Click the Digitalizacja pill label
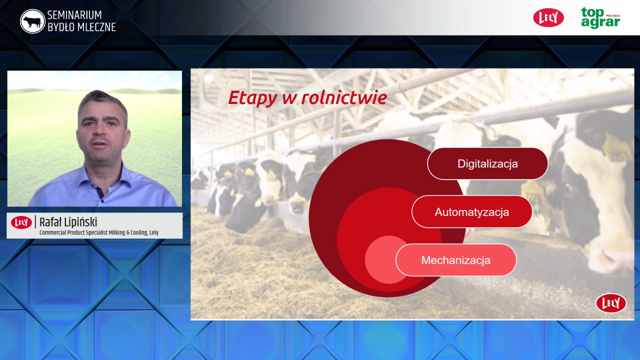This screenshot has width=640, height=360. [487, 163]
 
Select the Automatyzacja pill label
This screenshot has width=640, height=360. [472, 212]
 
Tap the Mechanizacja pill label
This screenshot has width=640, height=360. [456, 260]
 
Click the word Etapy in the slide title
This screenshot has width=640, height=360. [252, 98]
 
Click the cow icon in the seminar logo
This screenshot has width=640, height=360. [32, 21]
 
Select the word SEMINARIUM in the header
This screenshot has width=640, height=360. [74, 15]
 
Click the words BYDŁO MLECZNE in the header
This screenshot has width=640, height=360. [81, 27]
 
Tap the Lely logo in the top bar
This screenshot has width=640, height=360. [548, 17]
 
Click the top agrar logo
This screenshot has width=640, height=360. [600, 18]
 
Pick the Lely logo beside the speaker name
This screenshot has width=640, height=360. [21, 222]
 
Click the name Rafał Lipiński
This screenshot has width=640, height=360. [68, 222]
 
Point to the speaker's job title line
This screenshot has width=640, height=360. [99, 232]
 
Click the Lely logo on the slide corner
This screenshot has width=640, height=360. [611, 303]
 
